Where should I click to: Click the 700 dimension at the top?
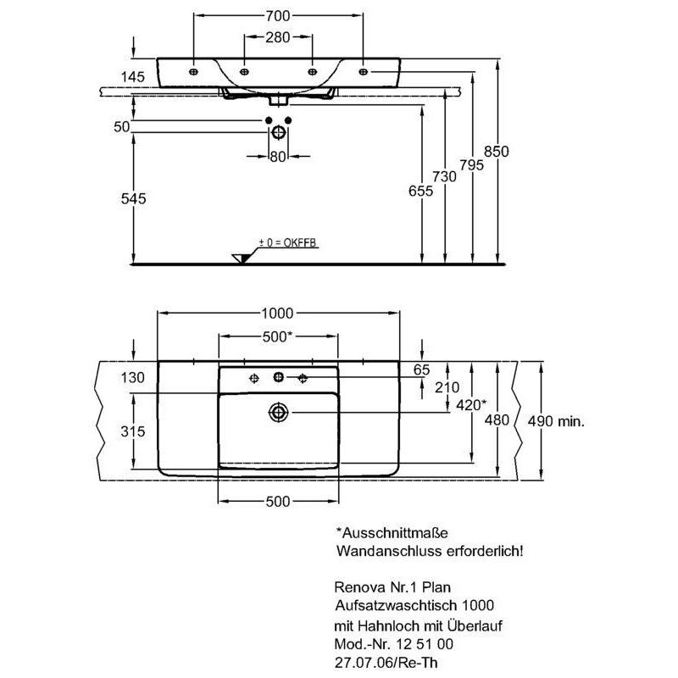[x=278, y=15]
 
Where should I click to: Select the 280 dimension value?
[x=278, y=37]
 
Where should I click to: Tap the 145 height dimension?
[x=133, y=76]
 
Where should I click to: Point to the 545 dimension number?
[x=134, y=198]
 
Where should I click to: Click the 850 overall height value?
[x=497, y=152]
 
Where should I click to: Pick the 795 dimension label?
[x=472, y=164]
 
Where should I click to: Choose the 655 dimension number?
[x=420, y=190]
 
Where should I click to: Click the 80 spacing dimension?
[x=278, y=157]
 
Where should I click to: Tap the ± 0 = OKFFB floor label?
[x=288, y=242]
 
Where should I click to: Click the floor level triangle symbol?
[x=241, y=258]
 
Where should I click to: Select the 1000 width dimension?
[x=278, y=313]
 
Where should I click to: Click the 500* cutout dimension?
[x=278, y=336]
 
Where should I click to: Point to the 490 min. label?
[x=556, y=420]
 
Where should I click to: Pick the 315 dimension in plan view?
[x=133, y=431]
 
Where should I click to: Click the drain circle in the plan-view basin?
[x=278, y=412]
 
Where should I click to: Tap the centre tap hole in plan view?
[x=279, y=377]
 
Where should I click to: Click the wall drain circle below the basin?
[x=278, y=132]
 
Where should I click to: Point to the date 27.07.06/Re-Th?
[x=386, y=663]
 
